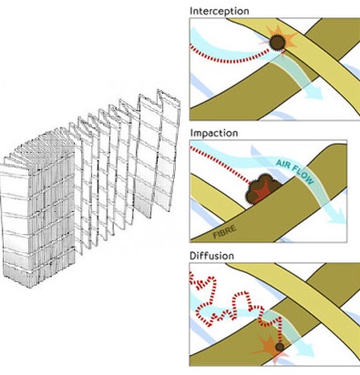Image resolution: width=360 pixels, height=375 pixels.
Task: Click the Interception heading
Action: (219, 11)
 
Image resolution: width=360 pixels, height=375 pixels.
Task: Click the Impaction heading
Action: (214, 133)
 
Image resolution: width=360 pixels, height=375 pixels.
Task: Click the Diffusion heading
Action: (211, 256)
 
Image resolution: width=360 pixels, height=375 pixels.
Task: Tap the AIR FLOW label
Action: (294, 171)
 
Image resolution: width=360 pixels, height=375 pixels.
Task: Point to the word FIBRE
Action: (224, 231)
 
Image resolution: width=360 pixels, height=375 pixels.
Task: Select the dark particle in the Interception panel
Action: (277, 43)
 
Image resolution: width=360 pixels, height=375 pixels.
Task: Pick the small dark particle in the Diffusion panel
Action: (280, 347)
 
